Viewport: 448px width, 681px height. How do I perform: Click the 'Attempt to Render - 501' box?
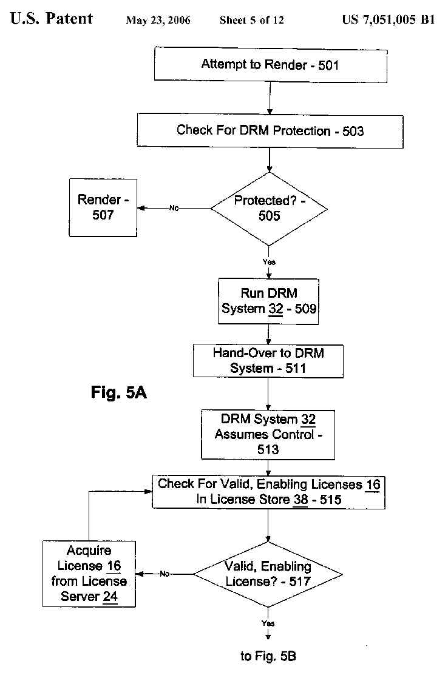270,64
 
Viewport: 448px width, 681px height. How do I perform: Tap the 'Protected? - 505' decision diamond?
269,209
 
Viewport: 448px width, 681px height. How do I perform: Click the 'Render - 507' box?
103,207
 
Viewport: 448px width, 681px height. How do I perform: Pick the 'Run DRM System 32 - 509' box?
269,301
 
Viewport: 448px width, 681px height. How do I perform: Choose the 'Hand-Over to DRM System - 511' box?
268,360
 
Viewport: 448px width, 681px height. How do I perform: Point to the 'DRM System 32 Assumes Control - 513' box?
268,434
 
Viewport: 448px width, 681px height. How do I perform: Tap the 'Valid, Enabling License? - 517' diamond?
268,574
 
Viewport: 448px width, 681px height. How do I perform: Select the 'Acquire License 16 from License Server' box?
89,574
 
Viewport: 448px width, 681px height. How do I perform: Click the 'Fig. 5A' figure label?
119,393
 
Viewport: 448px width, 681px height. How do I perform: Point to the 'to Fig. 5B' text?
268,656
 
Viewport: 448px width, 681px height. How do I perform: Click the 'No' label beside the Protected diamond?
174,208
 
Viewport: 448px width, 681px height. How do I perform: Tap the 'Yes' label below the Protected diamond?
268,262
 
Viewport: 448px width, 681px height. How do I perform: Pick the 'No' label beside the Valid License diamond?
165,574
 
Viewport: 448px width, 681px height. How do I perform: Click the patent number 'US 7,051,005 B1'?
389,20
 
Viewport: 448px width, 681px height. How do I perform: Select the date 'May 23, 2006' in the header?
158,21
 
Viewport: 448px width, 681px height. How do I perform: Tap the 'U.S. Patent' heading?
52,19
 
